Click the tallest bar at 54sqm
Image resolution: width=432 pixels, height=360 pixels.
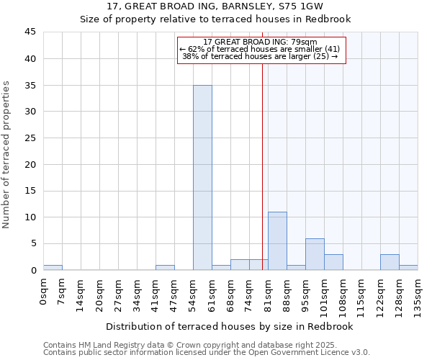tap(202, 177)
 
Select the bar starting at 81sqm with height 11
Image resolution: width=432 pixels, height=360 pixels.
tap(277, 241)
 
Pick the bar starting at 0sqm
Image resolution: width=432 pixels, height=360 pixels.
tap(53, 267)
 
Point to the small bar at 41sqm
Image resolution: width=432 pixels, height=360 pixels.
tap(165, 267)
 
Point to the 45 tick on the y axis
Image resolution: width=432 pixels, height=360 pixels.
tap(30, 32)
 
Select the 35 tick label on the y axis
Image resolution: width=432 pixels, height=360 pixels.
tap(30, 85)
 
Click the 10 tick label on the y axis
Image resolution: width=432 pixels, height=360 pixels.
tap(30, 217)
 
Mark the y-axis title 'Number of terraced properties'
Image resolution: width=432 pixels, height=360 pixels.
tap(7, 155)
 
